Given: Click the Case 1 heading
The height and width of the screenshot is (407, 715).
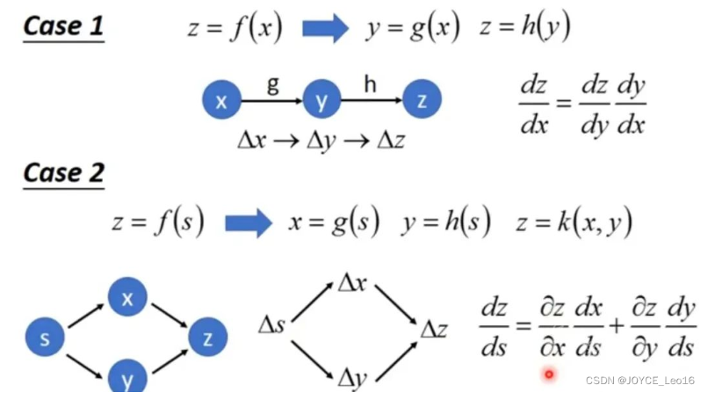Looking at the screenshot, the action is [63, 26].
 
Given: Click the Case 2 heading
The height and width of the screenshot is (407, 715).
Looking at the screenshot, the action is [63, 172].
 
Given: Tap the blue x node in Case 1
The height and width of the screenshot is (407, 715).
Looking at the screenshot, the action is [221, 102].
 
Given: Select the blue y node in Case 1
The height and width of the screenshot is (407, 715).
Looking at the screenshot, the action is [321, 102].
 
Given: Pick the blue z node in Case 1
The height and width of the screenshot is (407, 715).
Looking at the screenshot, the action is [422, 102].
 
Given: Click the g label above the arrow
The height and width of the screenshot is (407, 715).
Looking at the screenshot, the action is [272, 85].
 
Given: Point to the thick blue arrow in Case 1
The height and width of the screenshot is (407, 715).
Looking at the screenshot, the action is [326, 30].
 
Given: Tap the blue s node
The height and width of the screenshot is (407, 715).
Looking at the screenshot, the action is [45, 338].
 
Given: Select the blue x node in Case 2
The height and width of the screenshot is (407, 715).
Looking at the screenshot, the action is [127, 299].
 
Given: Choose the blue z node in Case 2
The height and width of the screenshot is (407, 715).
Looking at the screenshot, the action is [207, 338].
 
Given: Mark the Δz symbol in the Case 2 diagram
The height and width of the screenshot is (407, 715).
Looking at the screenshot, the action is [434, 330].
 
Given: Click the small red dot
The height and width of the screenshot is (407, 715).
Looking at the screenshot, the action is [550, 374].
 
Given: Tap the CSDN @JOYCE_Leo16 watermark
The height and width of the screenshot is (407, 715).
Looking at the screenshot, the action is [639, 380].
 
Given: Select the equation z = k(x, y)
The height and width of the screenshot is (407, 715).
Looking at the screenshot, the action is [574, 223].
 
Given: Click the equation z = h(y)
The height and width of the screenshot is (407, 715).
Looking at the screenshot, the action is [525, 30].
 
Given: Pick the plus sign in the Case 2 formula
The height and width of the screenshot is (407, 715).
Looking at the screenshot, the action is [617, 326].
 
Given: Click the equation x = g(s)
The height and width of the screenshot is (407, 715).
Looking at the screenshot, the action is [334, 223].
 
